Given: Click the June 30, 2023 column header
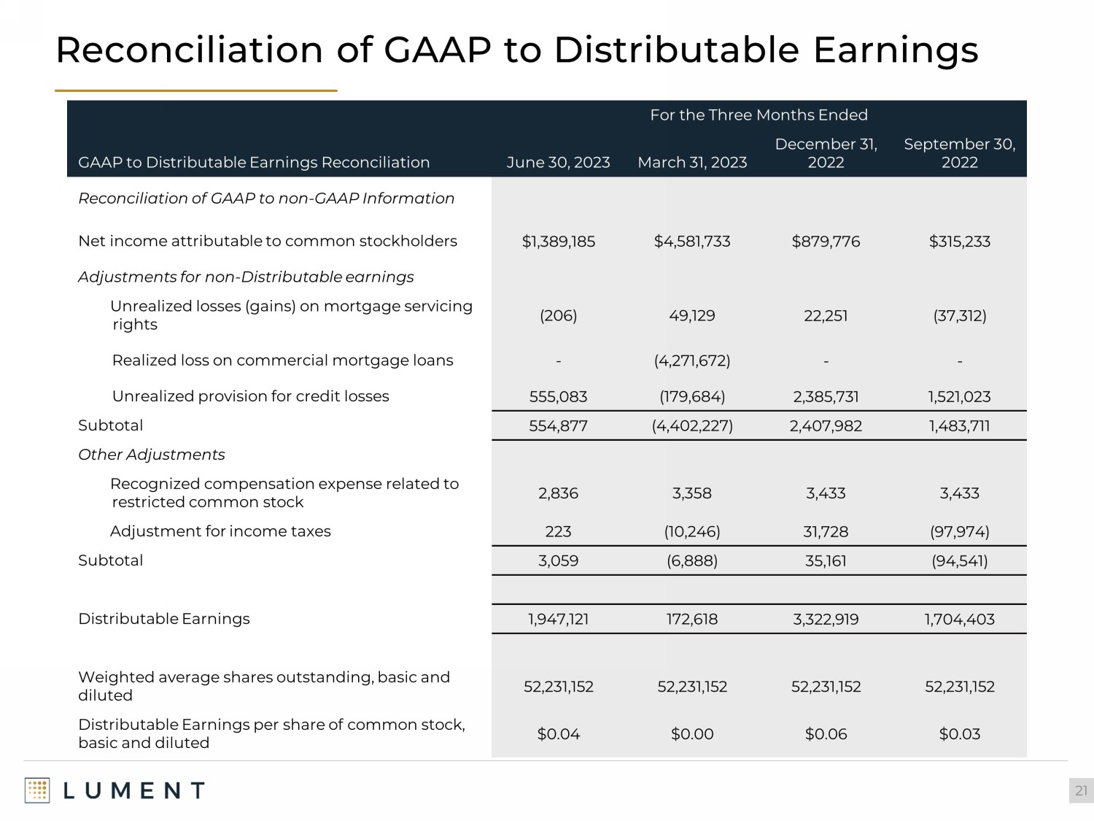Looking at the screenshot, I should point(558,162).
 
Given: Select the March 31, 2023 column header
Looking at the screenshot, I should point(692,162).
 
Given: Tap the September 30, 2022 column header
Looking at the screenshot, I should point(959,153).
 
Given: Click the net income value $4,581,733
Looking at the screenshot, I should point(692,242).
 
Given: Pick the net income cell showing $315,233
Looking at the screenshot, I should point(959,242).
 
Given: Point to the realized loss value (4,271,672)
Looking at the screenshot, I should point(692,361).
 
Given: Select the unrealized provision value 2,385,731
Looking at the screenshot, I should point(826,397).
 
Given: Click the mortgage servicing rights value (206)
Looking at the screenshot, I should point(558,316).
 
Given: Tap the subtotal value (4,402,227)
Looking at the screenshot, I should point(692,426).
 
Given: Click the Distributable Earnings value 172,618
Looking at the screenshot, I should point(692,620).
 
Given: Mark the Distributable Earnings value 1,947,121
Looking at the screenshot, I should point(558,620).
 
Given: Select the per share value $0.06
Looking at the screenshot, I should point(826,734).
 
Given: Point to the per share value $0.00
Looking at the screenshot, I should point(692,734).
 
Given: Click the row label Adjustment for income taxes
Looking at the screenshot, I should point(220,531).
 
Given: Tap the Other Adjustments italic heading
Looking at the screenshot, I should point(152,455).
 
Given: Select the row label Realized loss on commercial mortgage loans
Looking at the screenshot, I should point(282,361).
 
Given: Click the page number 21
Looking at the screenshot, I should point(1081,791).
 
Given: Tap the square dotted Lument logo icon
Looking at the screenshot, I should point(37,791).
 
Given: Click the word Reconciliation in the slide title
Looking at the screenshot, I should point(189,50).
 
